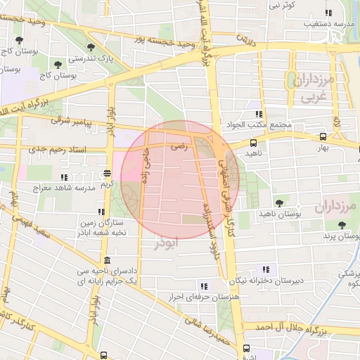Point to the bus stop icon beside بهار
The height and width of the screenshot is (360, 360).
click(322, 137)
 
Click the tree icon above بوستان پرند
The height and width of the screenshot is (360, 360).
click(342, 225)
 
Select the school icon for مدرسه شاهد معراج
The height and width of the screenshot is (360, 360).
click(65, 178)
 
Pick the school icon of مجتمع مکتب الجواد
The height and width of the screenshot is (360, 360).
click(259, 114)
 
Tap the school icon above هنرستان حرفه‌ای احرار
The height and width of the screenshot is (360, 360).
click(204, 286)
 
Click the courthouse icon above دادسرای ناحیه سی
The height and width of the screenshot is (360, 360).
click(106, 259)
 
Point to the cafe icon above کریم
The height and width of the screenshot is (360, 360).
click(107, 173)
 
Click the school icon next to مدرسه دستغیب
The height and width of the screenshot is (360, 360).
click(327, 13)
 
